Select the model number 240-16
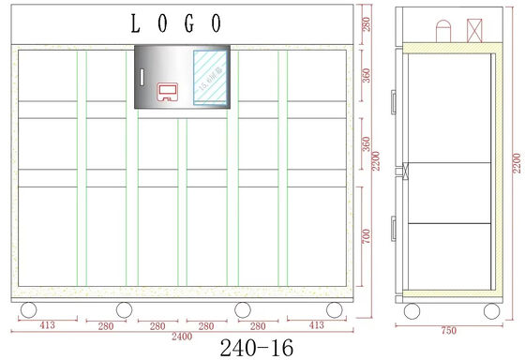[x=255, y=347]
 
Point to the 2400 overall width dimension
[x=181, y=335]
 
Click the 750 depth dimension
[x=448, y=330]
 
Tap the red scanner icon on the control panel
[x=169, y=91]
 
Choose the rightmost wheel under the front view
[x=334, y=310]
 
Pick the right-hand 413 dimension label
[x=316, y=325]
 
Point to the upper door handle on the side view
[x=395, y=97]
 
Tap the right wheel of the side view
[x=490, y=309]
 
